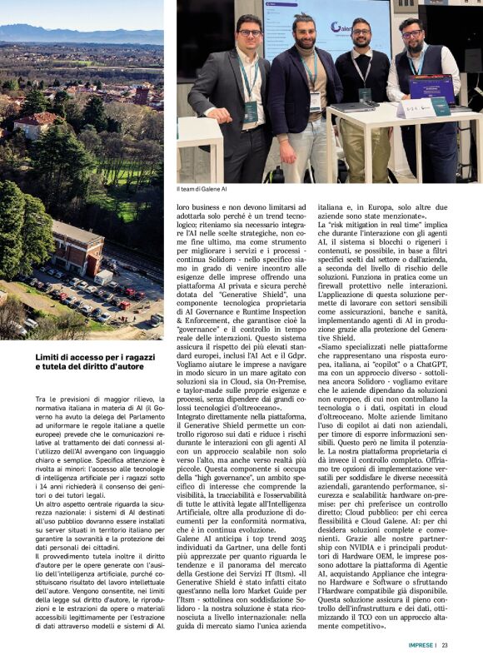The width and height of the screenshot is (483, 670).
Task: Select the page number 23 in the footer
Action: (446, 645)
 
